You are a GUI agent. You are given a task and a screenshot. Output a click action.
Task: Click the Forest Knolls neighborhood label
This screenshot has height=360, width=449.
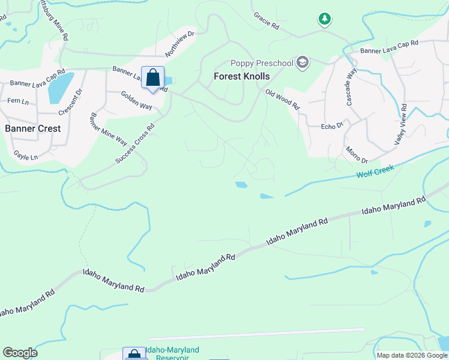point(242,77)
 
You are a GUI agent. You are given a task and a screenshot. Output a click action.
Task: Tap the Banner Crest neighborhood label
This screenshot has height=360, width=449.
point(33,128)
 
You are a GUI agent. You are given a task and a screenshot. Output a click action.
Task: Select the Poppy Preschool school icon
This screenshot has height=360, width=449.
point(303,62)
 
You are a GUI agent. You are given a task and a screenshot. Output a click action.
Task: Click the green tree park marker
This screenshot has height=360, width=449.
point(325,20)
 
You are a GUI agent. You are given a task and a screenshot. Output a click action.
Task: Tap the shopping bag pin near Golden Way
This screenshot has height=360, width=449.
point(152,78)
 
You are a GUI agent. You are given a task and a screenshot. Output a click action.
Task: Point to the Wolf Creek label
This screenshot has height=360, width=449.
point(375,172)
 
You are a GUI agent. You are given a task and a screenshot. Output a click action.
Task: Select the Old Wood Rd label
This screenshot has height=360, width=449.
point(282,99)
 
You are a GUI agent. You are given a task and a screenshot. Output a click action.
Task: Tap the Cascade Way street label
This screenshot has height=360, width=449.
point(352,86)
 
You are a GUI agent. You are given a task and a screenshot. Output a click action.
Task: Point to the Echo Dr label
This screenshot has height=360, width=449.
point(332,126)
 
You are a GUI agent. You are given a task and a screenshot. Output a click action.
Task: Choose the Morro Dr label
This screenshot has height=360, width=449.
point(357,154)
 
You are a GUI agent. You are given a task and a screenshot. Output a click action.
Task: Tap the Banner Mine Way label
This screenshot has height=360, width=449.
point(108,130)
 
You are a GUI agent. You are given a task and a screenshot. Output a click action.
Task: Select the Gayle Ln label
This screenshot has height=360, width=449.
point(26,156)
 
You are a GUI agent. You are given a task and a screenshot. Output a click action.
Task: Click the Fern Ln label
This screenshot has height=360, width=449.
point(18,101)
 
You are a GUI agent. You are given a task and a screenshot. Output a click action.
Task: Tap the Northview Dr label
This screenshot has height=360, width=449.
point(180,44)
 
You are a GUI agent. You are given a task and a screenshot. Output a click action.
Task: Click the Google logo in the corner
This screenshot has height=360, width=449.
point(20,353)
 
